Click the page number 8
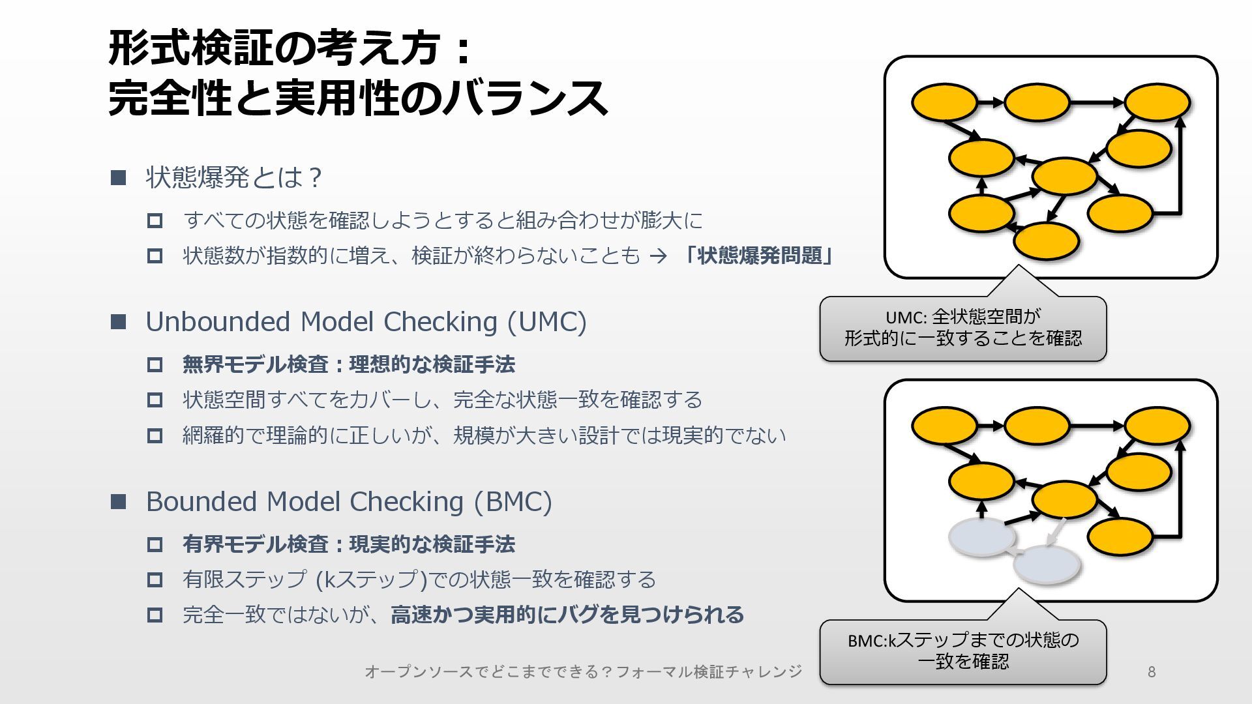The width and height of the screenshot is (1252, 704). point(1152,672)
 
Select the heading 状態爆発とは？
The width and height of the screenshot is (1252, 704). point(234,177)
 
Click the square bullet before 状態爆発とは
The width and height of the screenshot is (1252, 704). point(118,177)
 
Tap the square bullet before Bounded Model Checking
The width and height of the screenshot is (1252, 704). point(118,502)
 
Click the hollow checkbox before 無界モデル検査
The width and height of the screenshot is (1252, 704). point(155,364)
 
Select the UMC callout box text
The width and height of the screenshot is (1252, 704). point(962,328)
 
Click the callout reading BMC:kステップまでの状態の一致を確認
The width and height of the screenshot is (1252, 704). point(962,651)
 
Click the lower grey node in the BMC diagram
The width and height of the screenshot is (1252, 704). point(1046,565)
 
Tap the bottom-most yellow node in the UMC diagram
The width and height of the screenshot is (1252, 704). point(1046,241)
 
